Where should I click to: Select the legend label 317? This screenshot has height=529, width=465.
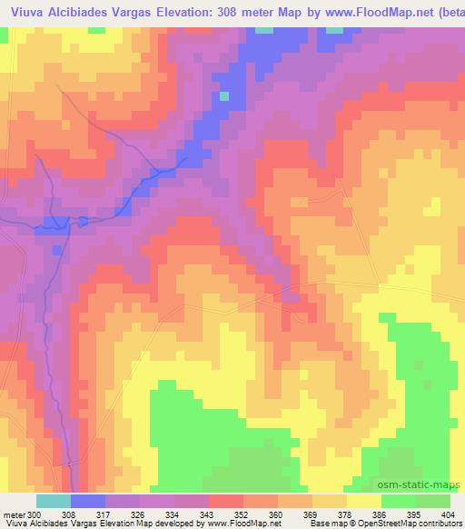pyautogui.click(x=105, y=514)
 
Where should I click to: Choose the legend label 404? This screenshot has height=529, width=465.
pyautogui.click(x=450, y=514)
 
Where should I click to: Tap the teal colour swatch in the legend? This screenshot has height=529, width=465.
pyautogui.click(x=54, y=501)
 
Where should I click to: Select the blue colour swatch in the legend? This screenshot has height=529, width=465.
pyautogui.click(x=88, y=501)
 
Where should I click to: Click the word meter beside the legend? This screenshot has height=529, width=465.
pyautogui.click(x=13, y=514)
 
